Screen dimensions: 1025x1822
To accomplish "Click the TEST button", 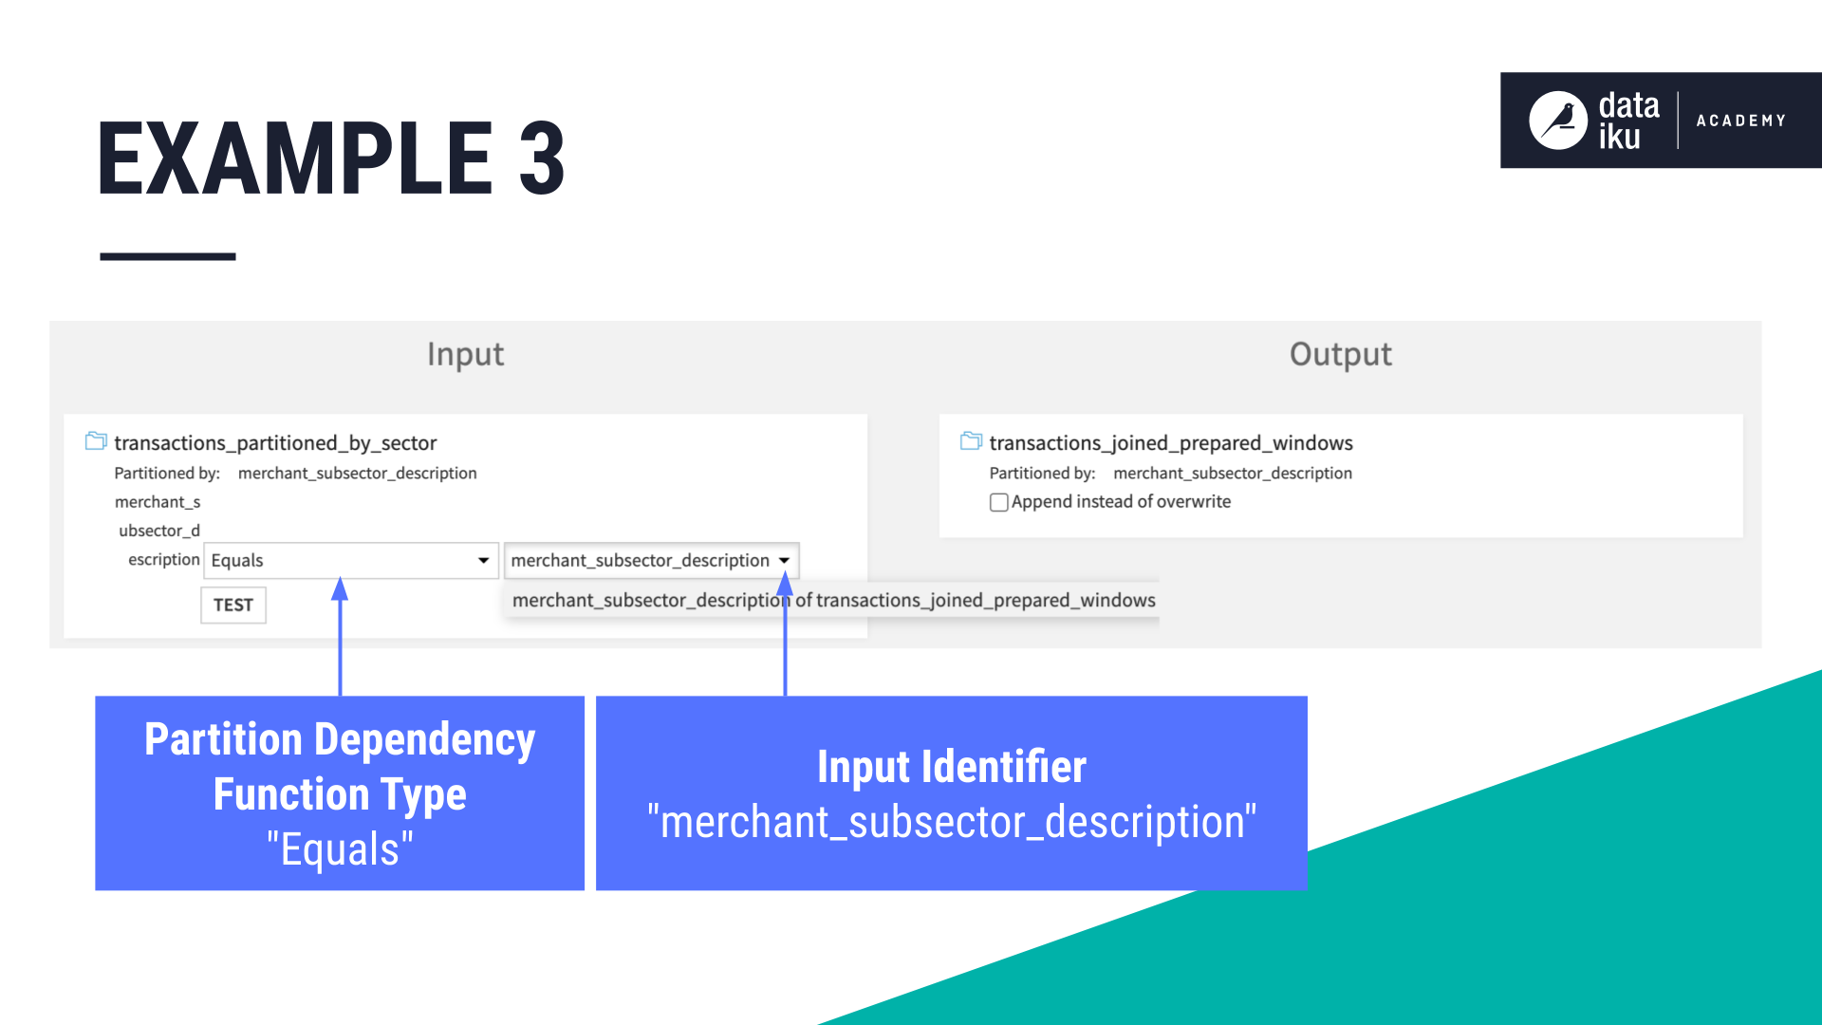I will tap(233, 605).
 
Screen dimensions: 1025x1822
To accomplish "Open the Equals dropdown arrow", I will tap(483, 560).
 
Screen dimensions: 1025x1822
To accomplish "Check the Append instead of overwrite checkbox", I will tap(998, 502).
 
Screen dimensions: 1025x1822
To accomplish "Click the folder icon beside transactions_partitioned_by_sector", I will tap(96, 441).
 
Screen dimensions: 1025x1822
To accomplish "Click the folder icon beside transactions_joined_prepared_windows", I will tap(971, 441).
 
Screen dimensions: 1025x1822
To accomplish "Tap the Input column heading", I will tap(465, 354).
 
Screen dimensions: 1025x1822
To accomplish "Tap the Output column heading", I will tap(1340, 354).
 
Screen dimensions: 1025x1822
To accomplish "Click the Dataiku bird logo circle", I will tap(1557, 121).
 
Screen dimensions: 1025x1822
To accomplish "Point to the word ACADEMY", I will tap(1740, 121).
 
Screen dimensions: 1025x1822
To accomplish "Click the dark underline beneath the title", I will tap(167, 256).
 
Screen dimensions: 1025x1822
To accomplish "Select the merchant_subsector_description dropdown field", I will tap(641, 560).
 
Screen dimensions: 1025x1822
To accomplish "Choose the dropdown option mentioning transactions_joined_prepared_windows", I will tap(833, 600).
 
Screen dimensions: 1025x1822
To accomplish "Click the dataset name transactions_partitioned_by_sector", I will tap(275, 442).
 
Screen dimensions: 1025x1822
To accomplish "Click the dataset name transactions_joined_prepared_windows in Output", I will tap(1171, 442).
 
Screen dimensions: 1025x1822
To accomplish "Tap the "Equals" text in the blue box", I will tap(340, 848).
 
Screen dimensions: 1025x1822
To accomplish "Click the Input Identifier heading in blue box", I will tap(951, 766).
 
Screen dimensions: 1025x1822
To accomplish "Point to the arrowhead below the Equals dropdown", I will tap(340, 590).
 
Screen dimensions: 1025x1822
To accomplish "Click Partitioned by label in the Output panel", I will tap(1042, 473).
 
